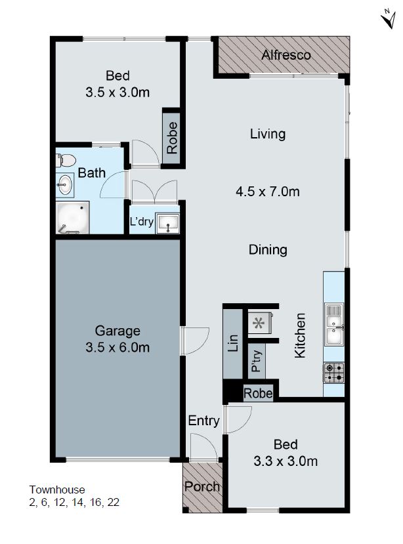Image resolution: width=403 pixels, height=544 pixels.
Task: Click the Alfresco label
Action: point(286,55)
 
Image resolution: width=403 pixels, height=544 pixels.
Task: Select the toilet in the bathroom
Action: point(66,159)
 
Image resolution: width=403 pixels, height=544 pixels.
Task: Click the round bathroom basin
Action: point(64,184)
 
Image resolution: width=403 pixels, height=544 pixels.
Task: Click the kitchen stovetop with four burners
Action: point(333,373)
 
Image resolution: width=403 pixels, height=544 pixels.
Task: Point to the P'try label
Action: point(256,362)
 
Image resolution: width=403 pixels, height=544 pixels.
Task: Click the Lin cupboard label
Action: point(232,345)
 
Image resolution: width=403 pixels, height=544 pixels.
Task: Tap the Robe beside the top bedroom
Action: point(172,138)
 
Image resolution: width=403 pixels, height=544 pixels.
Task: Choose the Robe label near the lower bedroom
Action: point(258,394)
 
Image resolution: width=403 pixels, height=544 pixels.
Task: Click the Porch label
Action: point(202,487)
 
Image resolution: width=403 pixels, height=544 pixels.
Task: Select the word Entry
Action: point(203,421)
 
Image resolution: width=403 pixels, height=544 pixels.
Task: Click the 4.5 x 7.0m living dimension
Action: point(268,192)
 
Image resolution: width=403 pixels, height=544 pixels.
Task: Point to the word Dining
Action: point(268,249)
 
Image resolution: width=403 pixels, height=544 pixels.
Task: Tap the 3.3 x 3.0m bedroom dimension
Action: point(286,461)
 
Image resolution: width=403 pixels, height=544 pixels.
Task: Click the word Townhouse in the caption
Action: point(57,490)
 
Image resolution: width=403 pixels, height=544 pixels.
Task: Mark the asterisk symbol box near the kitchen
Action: point(259,323)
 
